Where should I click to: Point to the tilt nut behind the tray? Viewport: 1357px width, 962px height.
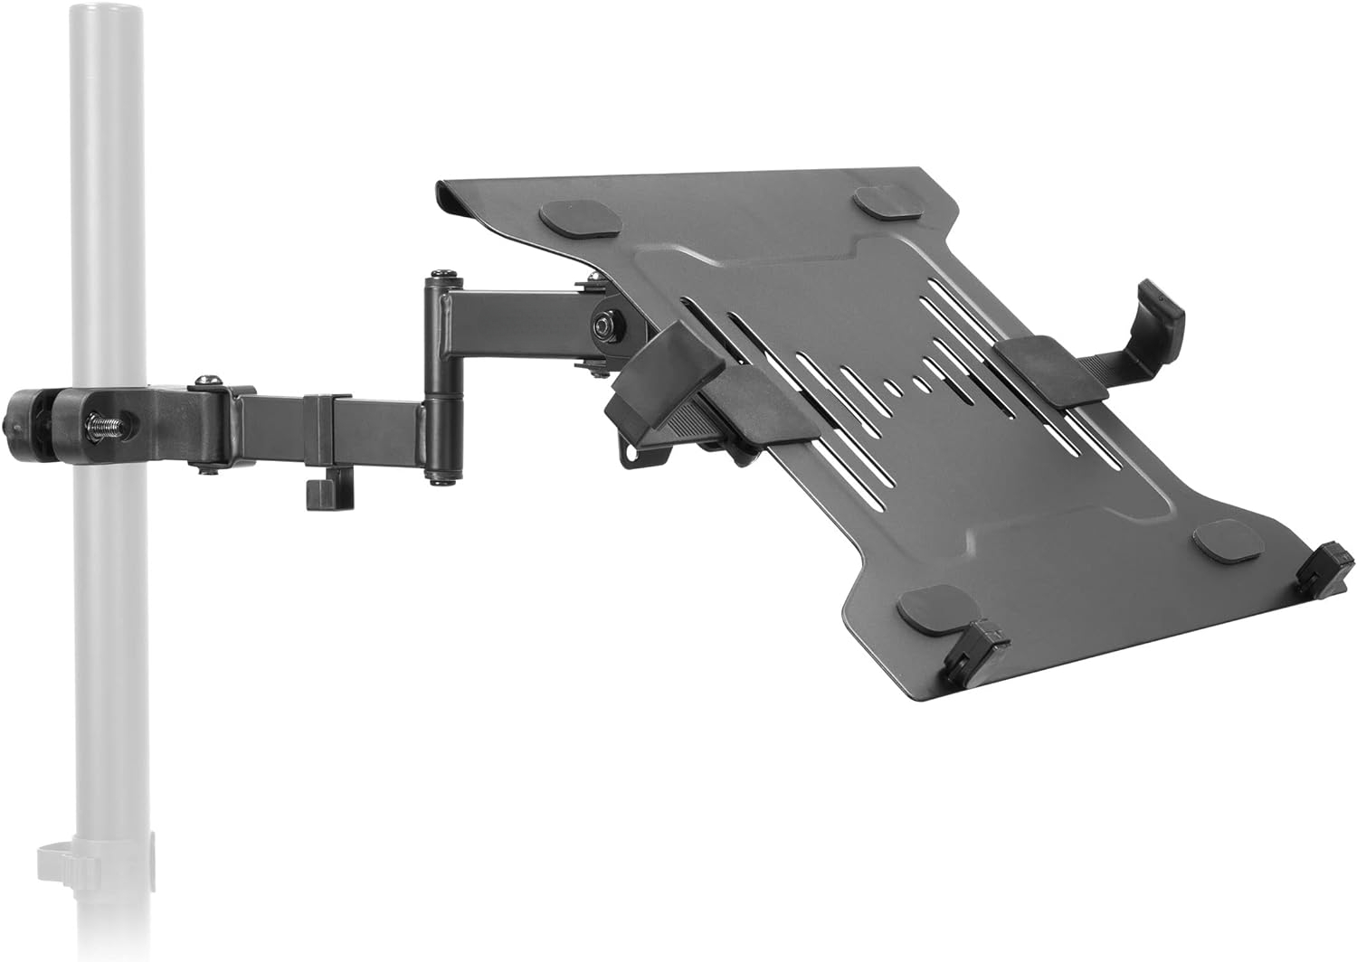pos(603,324)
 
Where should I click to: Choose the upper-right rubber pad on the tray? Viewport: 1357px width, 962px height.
pos(885,201)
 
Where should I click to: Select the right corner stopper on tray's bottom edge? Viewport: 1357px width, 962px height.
pos(1326,566)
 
